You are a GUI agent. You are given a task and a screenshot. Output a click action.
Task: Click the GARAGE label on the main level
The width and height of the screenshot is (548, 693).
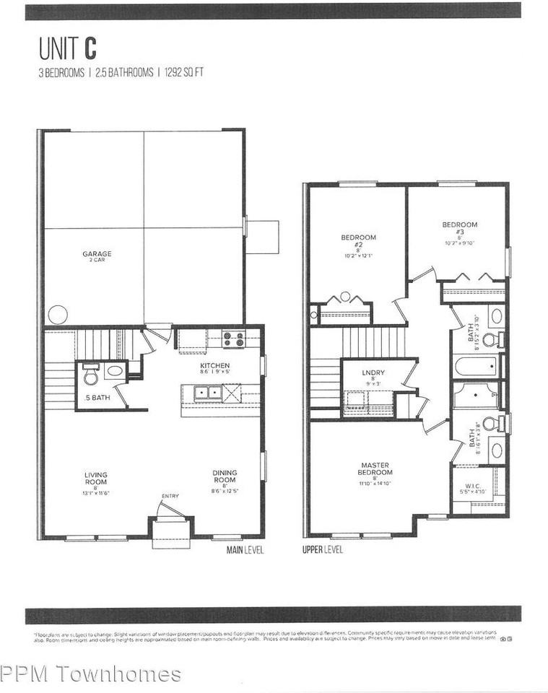pos(97,253)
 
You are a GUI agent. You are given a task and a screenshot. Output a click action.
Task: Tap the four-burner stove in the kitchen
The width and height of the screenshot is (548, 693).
pos(232,339)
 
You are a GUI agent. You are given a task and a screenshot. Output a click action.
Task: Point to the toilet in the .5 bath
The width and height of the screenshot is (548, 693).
pos(91,375)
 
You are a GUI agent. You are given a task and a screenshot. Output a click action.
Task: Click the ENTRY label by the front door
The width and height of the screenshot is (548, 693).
pos(170,495)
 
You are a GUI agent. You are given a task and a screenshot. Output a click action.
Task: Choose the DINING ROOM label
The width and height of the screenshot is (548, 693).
pos(225,477)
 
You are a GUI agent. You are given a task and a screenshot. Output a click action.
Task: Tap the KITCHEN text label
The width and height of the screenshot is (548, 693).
pos(214,366)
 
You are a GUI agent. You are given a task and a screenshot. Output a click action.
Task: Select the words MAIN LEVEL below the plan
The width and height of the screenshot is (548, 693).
pos(245,550)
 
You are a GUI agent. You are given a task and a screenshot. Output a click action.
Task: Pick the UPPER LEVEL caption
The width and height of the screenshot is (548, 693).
pos(323,550)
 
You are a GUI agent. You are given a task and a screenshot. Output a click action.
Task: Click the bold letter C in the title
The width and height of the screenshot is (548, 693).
pos(90,48)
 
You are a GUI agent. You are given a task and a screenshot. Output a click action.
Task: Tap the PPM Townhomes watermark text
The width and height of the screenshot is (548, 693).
pos(91,674)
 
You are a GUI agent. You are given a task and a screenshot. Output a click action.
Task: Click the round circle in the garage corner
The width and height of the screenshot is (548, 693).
pos(58,315)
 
